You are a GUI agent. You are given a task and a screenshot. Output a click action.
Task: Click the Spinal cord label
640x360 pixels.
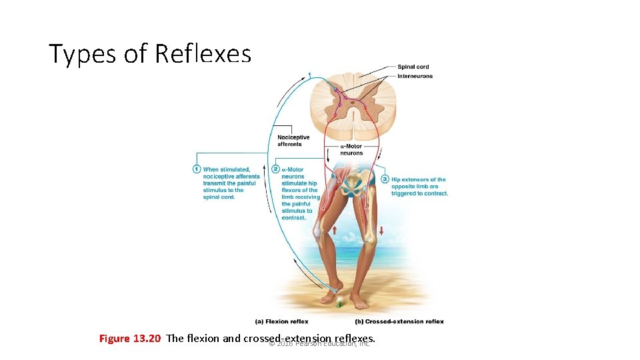tap(413, 67)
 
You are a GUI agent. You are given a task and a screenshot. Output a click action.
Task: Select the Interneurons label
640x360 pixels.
tap(415, 76)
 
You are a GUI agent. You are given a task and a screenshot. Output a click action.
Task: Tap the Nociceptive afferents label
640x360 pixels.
tap(293, 141)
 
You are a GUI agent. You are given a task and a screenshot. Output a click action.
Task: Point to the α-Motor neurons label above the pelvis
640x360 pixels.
tap(351, 149)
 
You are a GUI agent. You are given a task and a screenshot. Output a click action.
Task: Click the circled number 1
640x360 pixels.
tap(197, 169)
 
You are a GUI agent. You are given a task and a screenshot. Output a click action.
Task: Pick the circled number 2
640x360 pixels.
tap(276, 169)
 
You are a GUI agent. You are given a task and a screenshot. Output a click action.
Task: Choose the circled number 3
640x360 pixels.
tap(385, 179)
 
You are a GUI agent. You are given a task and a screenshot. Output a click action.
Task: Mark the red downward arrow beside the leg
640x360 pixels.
tap(382, 231)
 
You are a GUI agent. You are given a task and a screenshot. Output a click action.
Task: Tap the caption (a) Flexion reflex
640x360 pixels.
tap(281, 321)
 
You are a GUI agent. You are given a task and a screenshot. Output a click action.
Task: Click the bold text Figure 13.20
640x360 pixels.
tap(130, 339)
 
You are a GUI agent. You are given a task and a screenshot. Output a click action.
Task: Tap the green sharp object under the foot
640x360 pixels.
tap(339, 304)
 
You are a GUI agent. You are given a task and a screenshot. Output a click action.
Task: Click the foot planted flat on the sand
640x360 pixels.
tap(360, 304)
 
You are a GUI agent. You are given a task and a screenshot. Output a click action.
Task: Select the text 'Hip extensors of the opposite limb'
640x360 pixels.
tap(419, 183)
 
